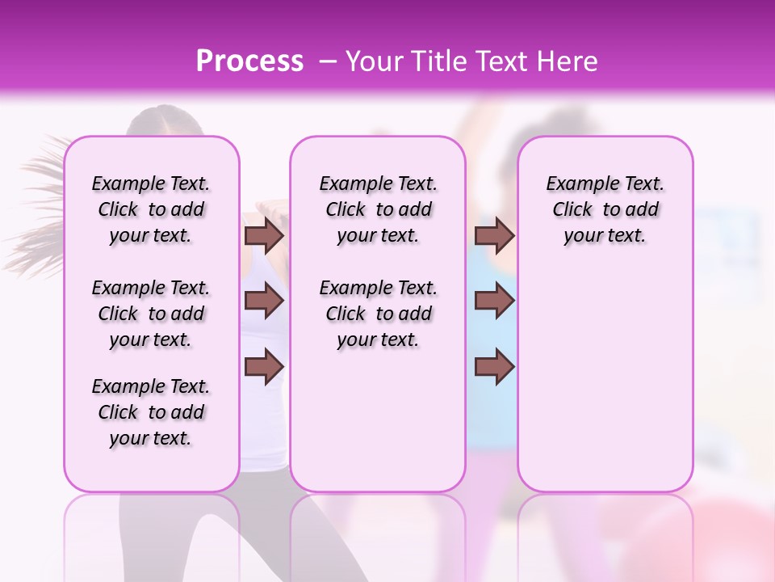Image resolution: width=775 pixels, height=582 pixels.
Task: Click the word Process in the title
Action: tap(249, 61)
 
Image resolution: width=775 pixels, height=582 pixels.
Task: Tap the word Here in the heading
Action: tap(568, 61)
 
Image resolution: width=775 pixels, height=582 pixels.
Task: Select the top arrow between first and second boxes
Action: tap(263, 236)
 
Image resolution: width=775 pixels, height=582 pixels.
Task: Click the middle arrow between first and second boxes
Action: tap(263, 302)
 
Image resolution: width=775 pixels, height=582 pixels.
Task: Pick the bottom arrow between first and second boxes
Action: tap(263, 367)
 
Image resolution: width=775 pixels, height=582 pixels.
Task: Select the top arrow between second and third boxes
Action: tap(494, 236)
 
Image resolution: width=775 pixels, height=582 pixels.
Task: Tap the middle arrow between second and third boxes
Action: tap(494, 302)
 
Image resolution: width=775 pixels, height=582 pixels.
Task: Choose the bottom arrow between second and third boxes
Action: tap(494, 367)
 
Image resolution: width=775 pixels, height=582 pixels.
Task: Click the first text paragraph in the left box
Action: tap(151, 209)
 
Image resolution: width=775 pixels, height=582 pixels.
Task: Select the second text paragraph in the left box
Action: tap(151, 314)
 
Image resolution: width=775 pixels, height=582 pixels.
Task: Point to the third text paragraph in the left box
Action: tap(151, 412)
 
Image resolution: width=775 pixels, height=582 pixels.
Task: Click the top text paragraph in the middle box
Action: tap(378, 209)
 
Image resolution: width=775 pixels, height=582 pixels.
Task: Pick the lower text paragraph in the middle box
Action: tap(378, 314)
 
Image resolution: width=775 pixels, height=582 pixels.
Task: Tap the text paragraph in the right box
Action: tap(605, 209)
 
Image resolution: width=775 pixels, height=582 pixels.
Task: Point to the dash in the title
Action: tap(328, 61)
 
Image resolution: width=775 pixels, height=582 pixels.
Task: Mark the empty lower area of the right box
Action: tap(605, 372)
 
